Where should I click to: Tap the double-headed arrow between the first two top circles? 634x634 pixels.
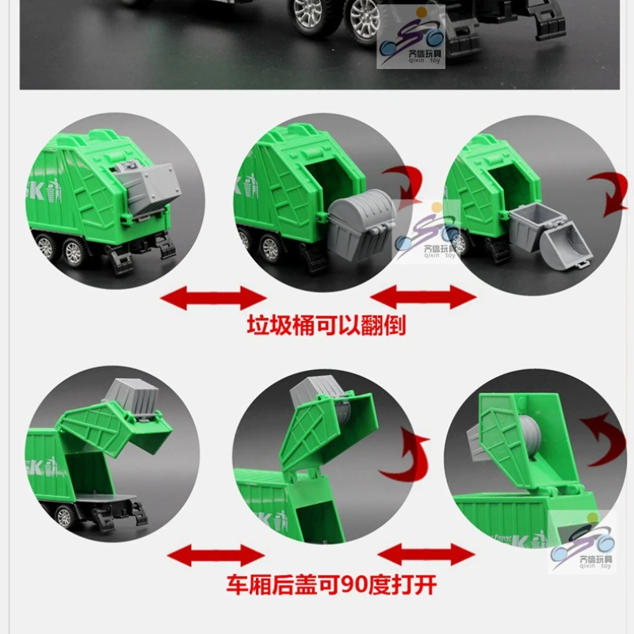(213, 299)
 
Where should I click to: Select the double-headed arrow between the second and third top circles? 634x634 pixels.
(423, 298)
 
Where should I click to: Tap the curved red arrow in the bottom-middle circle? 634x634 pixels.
(405, 456)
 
